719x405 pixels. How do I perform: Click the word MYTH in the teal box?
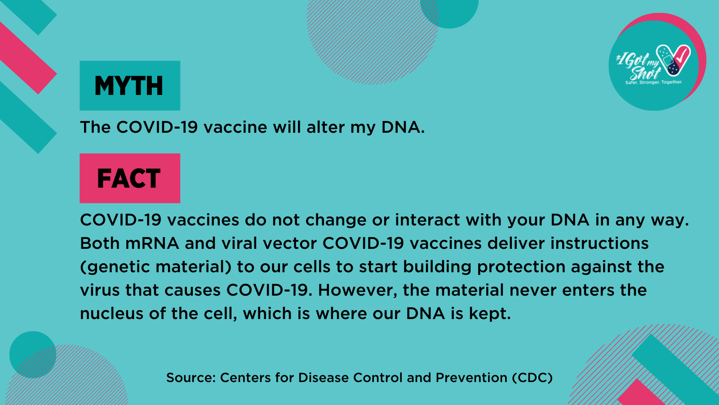pos(129,86)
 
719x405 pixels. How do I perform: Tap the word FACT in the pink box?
pos(129,178)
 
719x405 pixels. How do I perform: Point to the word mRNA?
pos(152,243)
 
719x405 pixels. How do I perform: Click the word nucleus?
pos(111,313)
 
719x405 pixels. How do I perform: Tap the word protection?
pos(521,267)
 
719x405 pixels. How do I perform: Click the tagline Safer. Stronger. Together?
pos(654,82)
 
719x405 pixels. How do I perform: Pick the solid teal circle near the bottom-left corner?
pos(33,355)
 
